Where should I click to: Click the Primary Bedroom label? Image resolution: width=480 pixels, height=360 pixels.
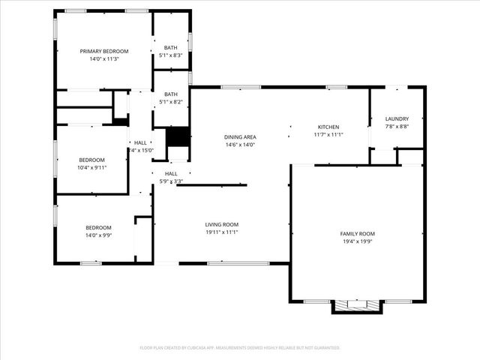tap(104, 51)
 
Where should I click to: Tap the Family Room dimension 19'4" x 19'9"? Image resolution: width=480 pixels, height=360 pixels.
tap(357, 241)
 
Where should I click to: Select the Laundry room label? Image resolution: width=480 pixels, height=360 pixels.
tap(397, 119)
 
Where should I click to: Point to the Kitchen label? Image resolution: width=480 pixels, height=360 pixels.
tap(328, 127)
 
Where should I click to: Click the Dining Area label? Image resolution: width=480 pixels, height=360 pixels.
tap(240, 136)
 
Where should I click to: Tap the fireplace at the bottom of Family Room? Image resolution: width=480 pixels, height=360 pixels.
tap(357, 305)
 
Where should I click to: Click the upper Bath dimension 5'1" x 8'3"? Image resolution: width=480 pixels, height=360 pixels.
tap(171, 55)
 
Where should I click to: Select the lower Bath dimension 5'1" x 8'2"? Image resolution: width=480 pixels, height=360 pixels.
tap(171, 102)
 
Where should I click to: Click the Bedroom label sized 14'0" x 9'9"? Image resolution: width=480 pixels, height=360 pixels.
tap(98, 227)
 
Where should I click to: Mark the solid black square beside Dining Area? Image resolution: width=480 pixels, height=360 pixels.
tap(177, 137)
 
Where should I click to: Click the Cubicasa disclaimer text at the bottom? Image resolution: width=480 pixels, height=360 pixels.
tap(240, 348)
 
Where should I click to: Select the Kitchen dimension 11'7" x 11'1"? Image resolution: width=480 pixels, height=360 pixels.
tap(328, 135)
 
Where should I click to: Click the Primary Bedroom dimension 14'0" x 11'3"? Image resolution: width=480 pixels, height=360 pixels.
tap(104, 59)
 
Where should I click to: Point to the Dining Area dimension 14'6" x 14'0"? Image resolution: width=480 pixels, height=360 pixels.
tap(240, 145)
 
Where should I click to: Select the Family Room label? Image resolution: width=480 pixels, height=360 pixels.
tap(357, 233)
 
